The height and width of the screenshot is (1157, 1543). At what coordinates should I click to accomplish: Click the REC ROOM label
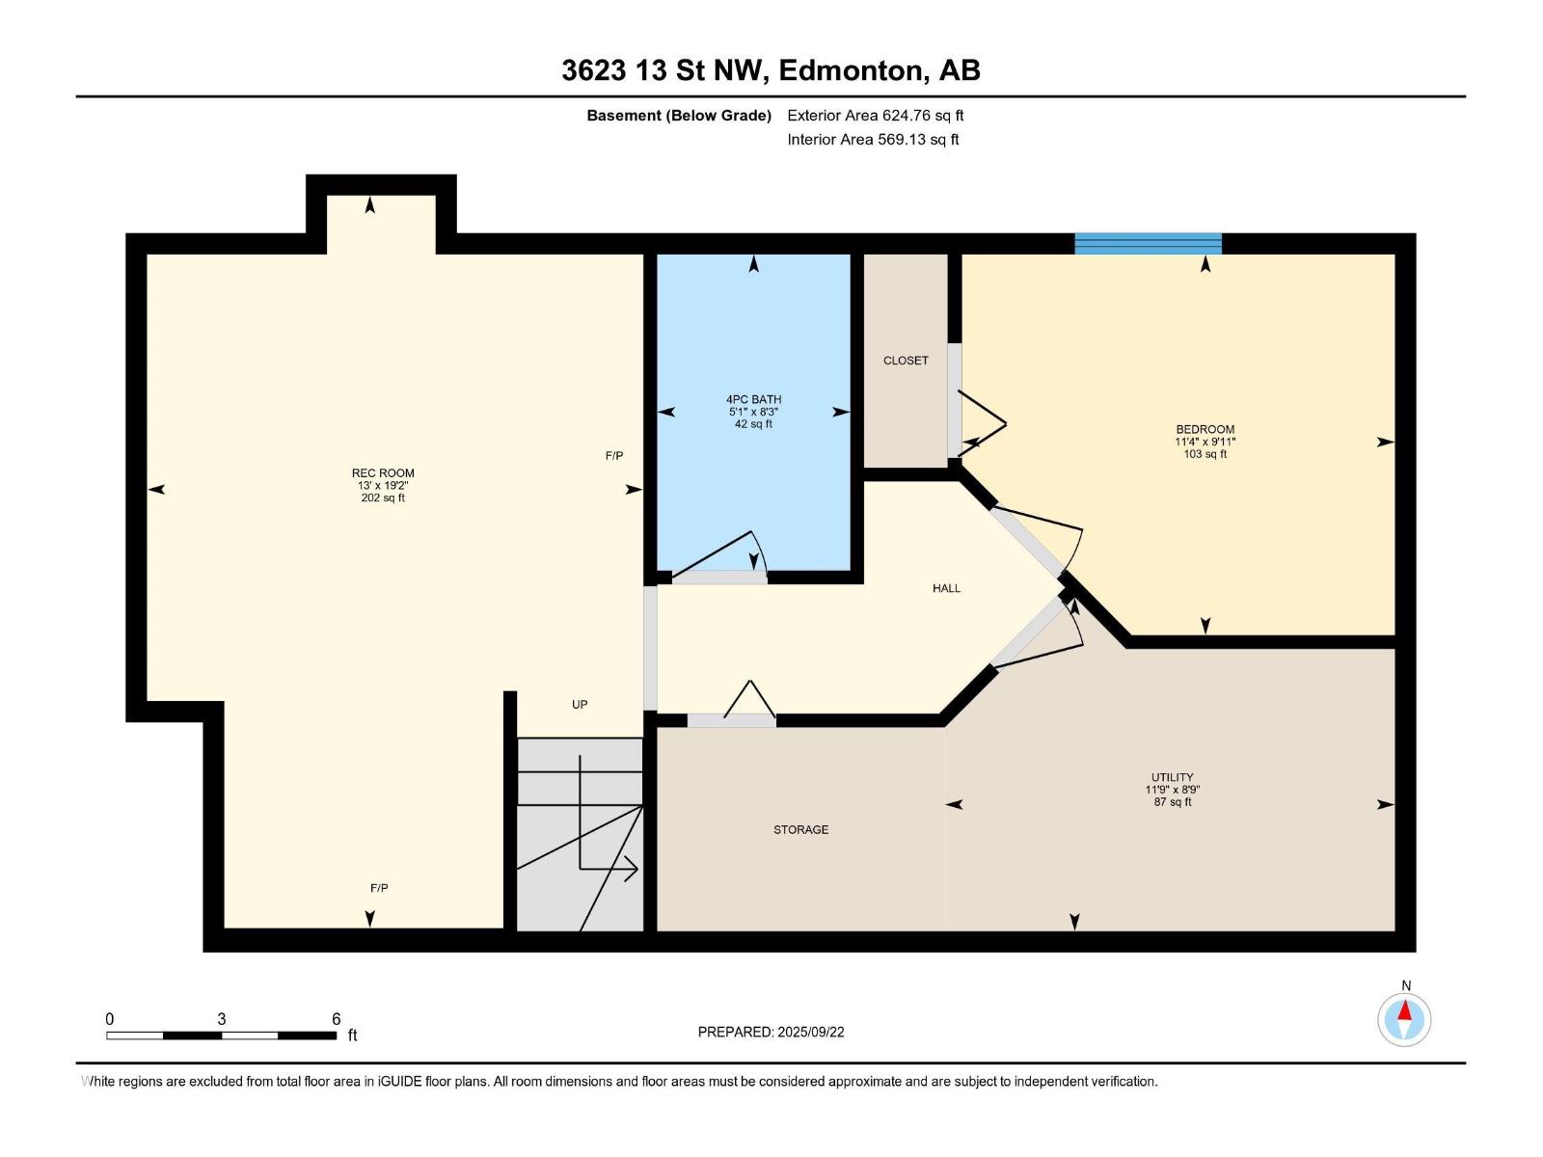tap(383, 472)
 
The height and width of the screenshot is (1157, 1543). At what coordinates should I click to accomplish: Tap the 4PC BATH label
tap(753, 399)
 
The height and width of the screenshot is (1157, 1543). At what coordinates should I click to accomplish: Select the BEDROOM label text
tap(1205, 429)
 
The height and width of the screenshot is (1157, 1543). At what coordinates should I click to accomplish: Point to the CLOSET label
tap(906, 361)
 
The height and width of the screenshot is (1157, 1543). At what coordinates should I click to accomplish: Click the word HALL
tap(946, 588)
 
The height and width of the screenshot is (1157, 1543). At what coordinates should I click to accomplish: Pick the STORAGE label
tap(800, 829)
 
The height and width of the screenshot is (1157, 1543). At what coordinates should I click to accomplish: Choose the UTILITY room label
tap(1172, 777)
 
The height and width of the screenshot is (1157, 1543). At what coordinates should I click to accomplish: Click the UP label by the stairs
tap(580, 705)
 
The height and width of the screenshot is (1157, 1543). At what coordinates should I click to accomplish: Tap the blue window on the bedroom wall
tap(1148, 243)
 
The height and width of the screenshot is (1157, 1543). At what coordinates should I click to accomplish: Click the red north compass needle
tap(1404, 1010)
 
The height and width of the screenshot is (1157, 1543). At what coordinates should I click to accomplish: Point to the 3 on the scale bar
tap(222, 1019)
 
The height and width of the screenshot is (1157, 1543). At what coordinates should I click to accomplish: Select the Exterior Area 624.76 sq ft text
tap(876, 115)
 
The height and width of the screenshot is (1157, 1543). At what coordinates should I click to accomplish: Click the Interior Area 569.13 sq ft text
tap(873, 139)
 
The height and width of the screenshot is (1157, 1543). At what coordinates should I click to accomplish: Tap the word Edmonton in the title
tap(850, 70)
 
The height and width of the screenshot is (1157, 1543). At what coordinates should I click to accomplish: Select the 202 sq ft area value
tap(383, 498)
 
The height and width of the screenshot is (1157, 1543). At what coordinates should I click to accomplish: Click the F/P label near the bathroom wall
tap(613, 455)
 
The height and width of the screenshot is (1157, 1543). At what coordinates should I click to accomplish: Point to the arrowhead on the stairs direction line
tap(631, 870)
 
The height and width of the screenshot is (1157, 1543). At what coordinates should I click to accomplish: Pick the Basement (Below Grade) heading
tap(679, 115)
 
